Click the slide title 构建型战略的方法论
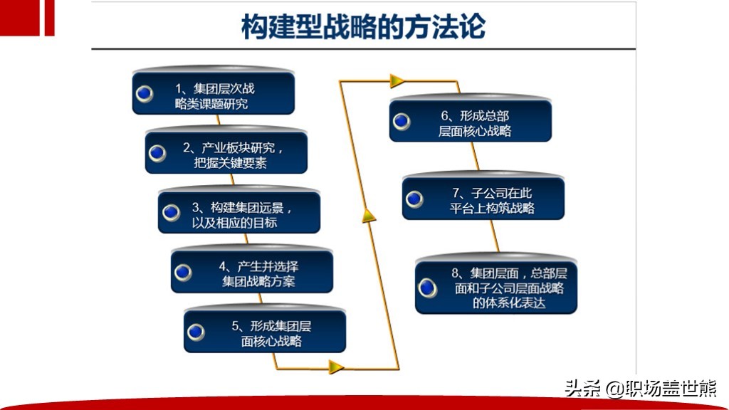click(x=364, y=26)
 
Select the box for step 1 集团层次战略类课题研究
click(x=214, y=92)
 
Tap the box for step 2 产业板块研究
click(x=226, y=151)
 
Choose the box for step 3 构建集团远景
click(x=239, y=211)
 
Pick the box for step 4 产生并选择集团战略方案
click(x=252, y=270)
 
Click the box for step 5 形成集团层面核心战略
click(x=265, y=330)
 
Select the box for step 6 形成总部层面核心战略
click(x=471, y=119)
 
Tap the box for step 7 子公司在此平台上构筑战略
click(x=483, y=196)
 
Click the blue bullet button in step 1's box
click(x=145, y=94)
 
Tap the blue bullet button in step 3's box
click(x=171, y=212)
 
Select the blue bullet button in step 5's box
click(x=196, y=332)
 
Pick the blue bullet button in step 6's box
click(x=402, y=121)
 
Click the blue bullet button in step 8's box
click(x=427, y=288)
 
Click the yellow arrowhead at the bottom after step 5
click(x=336, y=367)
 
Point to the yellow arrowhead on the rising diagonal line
click(x=369, y=216)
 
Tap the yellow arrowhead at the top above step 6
click(x=397, y=81)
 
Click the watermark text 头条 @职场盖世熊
click(x=641, y=388)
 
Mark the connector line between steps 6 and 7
click(x=476, y=157)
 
